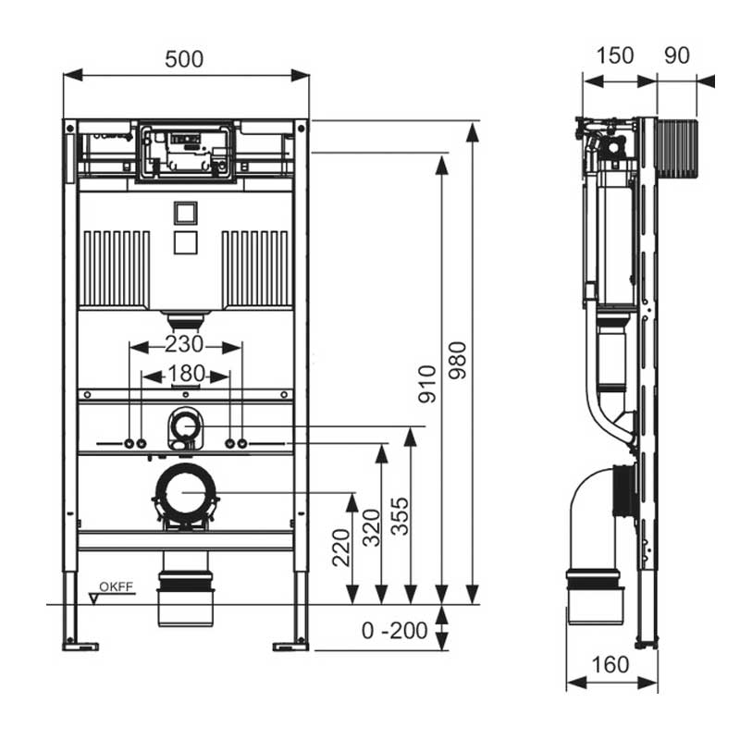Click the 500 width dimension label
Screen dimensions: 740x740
184,59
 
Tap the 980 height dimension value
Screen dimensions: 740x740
457,361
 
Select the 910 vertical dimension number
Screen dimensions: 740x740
427,384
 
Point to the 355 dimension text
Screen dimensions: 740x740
401,516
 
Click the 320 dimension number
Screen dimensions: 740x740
372,527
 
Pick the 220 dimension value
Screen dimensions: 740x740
341,548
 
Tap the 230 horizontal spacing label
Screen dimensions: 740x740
184,344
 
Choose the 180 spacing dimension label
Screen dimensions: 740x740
187,374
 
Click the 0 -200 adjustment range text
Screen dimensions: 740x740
395,631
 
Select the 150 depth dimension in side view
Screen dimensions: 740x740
615,55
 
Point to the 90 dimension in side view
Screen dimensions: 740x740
677,55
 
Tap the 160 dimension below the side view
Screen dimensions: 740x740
610,665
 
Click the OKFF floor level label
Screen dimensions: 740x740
117,587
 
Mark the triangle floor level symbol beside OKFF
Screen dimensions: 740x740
94,598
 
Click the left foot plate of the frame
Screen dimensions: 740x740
80,647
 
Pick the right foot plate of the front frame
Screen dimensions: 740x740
290,647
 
